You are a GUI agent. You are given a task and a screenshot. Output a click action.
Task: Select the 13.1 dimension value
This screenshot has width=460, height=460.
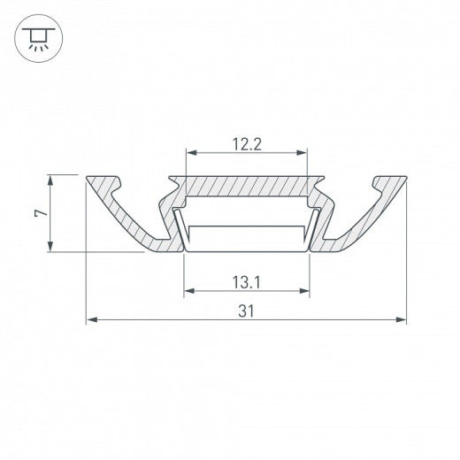pyautogui.click(x=247, y=282)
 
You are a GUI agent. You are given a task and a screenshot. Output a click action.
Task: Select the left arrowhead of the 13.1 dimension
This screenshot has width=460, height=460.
pyautogui.click(x=187, y=292)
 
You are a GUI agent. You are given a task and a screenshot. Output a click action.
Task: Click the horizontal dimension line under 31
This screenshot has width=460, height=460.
pyautogui.click(x=177, y=320)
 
